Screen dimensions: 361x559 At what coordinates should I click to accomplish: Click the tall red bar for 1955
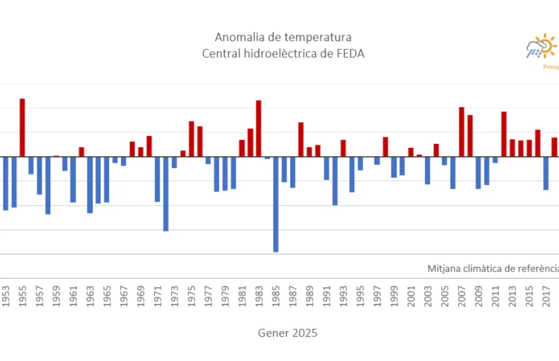(22, 127)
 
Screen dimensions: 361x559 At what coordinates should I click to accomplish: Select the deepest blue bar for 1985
(276, 204)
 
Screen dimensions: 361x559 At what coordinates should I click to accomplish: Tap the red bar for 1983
(259, 128)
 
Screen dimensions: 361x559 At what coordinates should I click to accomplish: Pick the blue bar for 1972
(166, 193)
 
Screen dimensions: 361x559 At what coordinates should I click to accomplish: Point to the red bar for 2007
(461, 132)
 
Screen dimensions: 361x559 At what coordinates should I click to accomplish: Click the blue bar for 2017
(546, 173)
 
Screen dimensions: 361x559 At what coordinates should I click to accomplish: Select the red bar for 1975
(192, 138)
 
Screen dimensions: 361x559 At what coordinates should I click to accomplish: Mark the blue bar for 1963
(90, 185)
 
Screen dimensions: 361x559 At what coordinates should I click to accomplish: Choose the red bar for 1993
(343, 148)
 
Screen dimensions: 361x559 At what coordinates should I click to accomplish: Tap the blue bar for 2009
(478, 172)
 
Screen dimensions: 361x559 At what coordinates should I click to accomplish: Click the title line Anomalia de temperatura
(283, 37)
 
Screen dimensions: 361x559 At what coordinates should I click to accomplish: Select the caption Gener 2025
(288, 333)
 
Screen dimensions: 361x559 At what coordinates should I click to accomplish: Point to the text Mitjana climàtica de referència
(493, 268)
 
